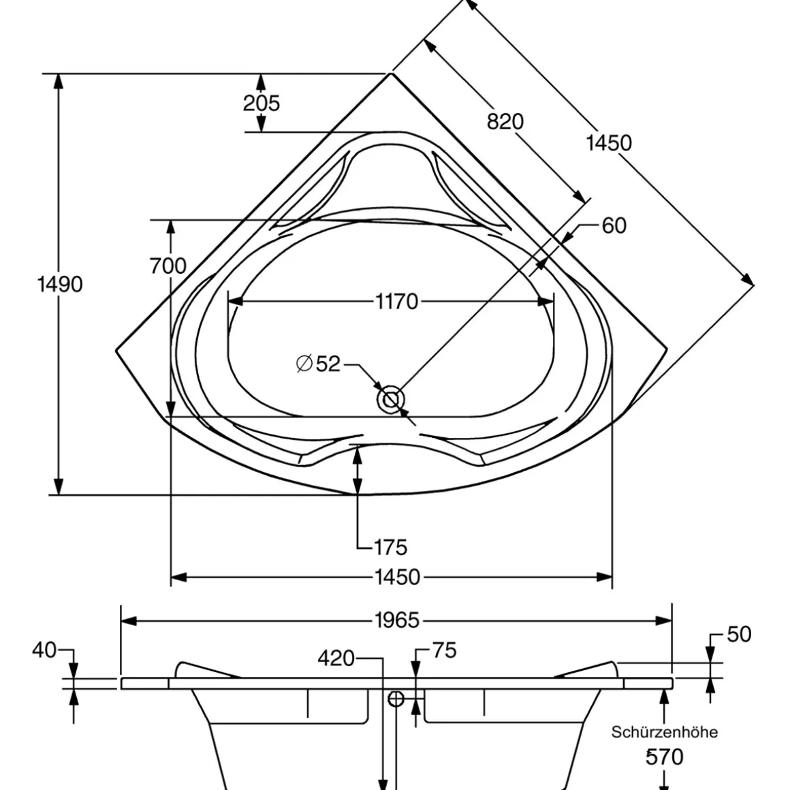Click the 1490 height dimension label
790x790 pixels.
click(x=59, y=284)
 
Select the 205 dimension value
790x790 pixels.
click(x=262, y=103)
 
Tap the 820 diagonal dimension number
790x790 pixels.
click(x=505, y=121)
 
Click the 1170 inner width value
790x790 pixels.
click(x=396, y=301)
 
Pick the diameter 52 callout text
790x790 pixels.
click(x=319, y=364)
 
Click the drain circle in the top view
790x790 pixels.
click(x=391, y=400)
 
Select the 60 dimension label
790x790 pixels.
click(x=614, y=225)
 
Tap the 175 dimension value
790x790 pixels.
click(x=391, y=547)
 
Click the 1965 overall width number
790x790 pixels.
click(x=397, y=620)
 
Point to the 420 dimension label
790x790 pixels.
click(x=336, y=659)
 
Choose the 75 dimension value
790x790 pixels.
click(x=443, y=650)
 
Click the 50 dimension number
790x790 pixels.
click(x=739, y=635)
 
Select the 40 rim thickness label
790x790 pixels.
click(x=44, y=650)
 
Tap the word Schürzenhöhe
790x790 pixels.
click(x=664, y=732)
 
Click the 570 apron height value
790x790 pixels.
click(x=664, y=757)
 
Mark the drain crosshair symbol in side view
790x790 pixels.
click(x=396, y=698)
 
